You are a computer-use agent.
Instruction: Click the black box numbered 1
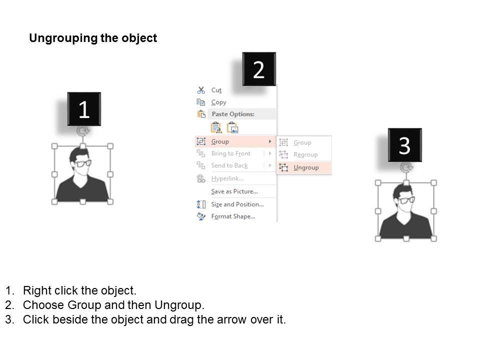84,109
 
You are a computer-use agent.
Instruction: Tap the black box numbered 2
259,69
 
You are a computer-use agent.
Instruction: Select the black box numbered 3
404,145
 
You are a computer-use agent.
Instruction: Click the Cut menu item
216,90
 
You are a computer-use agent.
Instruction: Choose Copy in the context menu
218,102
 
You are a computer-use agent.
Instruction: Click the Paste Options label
233,114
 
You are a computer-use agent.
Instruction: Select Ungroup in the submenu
306,167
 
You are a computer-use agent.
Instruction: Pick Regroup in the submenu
305,154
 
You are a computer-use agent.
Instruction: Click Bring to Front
231,153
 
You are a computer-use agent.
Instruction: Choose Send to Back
229,165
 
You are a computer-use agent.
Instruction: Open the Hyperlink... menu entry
227,178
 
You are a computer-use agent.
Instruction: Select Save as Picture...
234,191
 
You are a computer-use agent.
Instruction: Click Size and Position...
237,204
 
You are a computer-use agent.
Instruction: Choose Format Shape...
233,216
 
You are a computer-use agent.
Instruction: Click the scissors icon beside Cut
201,90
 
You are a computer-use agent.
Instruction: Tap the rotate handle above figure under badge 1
82,131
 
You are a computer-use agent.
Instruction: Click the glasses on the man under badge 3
407,200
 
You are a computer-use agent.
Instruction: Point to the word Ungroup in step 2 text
179,305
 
